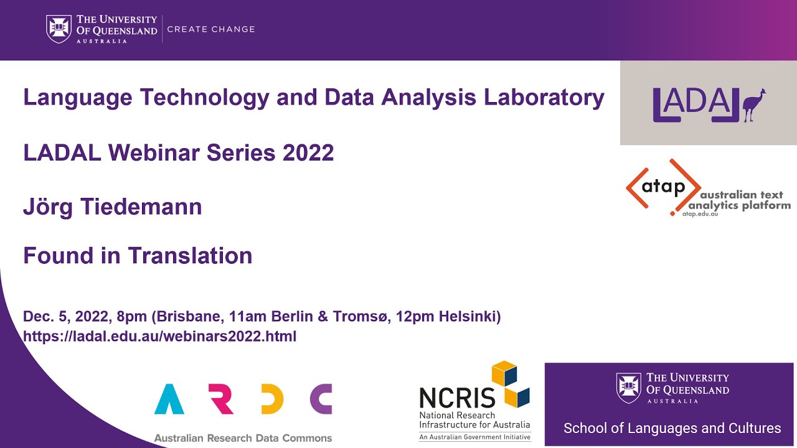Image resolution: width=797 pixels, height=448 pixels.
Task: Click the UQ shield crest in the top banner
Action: point(59,29)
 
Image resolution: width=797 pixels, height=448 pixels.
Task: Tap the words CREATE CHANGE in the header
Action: point(211,29)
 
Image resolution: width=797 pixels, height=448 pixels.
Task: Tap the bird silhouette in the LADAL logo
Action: point(754,105)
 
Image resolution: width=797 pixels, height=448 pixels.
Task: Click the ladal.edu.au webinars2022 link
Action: point(159,337)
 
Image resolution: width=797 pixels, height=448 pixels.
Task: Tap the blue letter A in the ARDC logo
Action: point(169,399)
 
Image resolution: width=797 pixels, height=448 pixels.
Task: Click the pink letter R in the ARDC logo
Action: point(222,399)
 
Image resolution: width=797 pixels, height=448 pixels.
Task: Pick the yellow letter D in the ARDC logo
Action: point(273,399)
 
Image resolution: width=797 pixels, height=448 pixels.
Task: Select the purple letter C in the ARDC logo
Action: point(321,399)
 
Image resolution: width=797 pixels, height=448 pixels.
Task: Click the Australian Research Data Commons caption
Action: point(243,438)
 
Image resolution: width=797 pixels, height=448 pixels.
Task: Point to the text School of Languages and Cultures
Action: point(672,428)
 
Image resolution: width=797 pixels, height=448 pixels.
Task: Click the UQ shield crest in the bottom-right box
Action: point(628,387)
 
